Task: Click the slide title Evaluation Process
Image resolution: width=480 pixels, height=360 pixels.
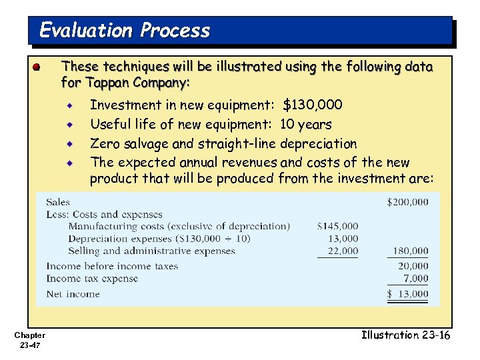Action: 125,31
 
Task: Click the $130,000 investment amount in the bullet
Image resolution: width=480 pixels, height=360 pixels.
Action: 313,105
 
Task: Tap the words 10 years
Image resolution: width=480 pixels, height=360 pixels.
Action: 305,124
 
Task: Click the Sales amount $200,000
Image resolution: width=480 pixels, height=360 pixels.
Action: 407,202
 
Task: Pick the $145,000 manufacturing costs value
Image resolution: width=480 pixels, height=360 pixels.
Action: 337,227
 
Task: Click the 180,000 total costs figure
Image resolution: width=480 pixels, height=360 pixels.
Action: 410,251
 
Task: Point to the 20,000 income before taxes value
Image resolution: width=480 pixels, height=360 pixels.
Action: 413,266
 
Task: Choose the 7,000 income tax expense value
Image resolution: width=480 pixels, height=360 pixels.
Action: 415,279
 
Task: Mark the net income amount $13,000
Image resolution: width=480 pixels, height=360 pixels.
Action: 408,294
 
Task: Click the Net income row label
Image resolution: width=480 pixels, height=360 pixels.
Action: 73,294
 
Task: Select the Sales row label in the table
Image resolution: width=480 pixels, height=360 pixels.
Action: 58,202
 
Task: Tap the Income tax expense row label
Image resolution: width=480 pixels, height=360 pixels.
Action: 92,279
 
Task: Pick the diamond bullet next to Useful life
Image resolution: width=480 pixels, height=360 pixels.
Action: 69,124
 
